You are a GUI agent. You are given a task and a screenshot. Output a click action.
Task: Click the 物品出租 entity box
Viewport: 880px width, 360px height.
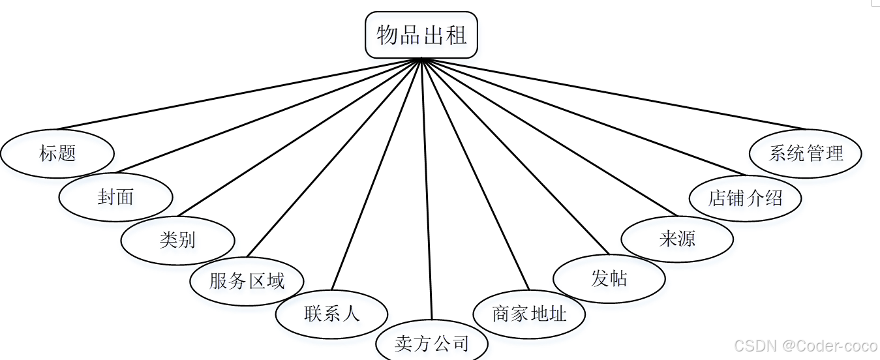pos(421,35)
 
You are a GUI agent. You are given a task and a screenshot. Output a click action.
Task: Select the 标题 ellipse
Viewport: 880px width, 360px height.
pos(57,153)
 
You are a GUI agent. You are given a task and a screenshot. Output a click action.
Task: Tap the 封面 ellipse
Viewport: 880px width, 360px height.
pos(115,196)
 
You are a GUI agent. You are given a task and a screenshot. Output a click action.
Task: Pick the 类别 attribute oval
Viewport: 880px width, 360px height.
pos(177,239)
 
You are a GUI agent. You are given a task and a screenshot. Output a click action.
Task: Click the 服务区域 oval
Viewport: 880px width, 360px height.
pos(247,281)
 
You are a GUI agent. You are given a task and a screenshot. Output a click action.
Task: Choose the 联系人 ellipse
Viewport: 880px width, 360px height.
pos(331,314)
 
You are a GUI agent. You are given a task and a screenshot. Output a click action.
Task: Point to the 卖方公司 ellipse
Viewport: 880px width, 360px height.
pos(431,342)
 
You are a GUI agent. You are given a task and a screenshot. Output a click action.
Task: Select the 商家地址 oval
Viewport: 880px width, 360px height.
pos(528,314)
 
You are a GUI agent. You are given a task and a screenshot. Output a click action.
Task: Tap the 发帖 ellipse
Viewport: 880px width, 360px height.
pos(609,278)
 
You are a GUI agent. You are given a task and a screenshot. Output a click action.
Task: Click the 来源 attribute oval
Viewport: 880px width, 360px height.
pos(677,239)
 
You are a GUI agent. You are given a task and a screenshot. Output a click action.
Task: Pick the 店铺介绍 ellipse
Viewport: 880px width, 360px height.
pos(745,197)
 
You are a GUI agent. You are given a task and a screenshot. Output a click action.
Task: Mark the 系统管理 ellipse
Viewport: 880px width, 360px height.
pos(806,153)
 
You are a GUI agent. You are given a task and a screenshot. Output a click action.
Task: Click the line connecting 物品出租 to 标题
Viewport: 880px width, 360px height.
pos(240,93)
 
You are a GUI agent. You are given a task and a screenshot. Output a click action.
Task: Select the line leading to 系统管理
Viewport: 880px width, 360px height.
pos(613,93)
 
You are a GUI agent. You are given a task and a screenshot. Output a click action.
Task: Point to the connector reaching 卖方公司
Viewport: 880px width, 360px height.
pos(427,189)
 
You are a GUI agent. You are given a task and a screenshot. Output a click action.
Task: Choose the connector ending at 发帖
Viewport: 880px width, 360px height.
pos(515,157)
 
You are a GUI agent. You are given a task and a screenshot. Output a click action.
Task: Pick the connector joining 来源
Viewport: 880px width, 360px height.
pos(548,137)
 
